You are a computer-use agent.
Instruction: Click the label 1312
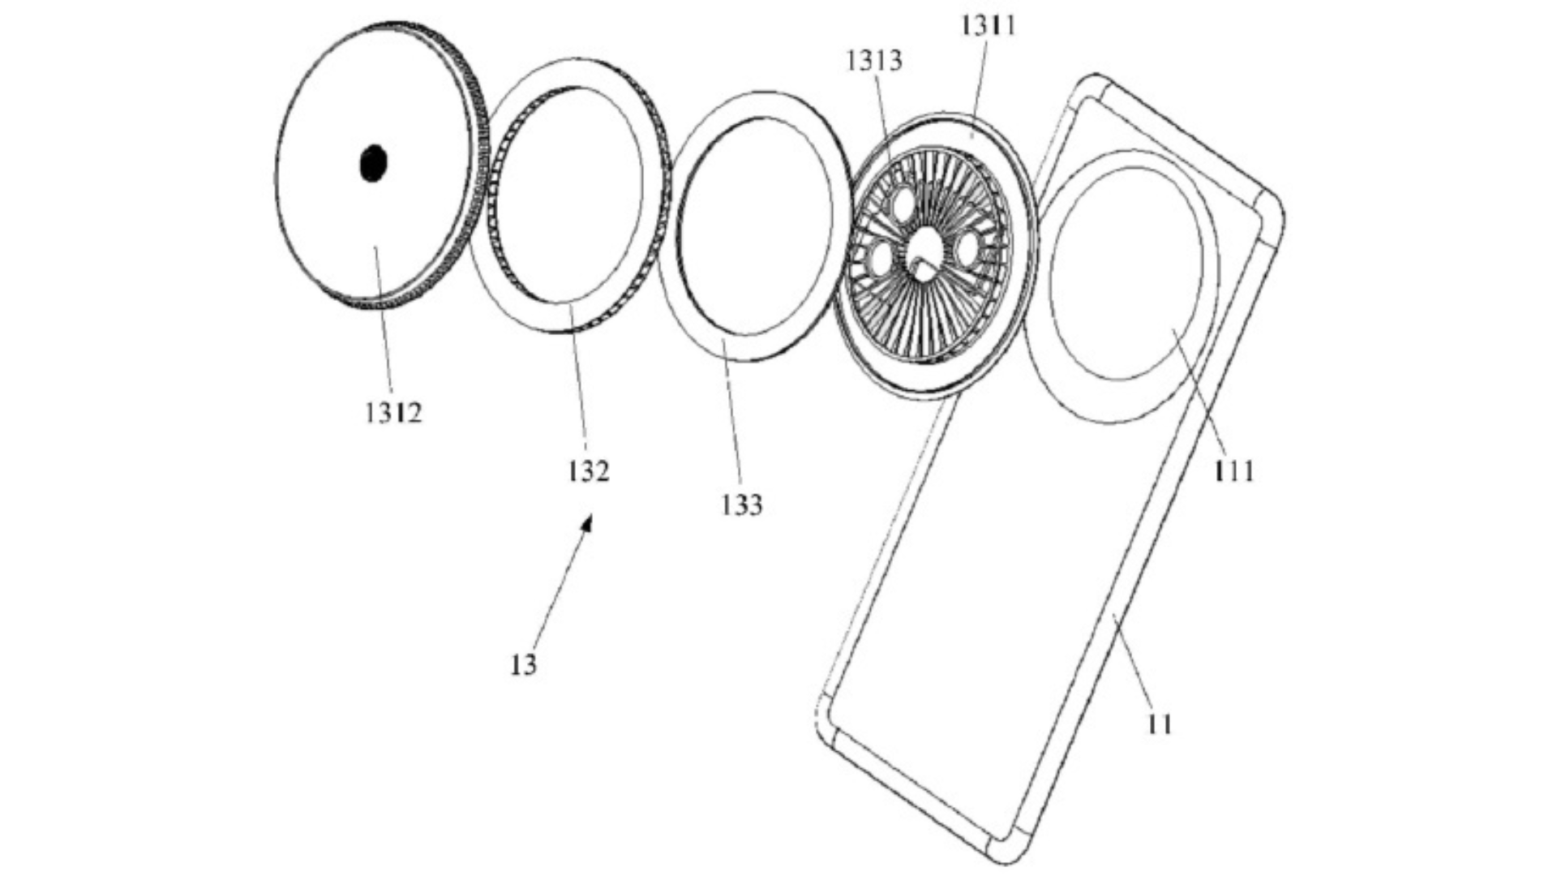point(393,413)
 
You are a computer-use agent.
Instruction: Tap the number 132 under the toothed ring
point(588,470)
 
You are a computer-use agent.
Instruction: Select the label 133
point(742,505)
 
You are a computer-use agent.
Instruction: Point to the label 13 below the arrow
point(524,665)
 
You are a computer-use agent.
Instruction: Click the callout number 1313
point(874,60)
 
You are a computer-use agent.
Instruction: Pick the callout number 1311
point(988,25)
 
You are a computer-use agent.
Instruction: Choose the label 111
point(1233,470)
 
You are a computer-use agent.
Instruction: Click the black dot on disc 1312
point(373,163)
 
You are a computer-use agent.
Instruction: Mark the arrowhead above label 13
point(587,522)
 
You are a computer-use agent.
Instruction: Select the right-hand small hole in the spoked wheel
point(967,250)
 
